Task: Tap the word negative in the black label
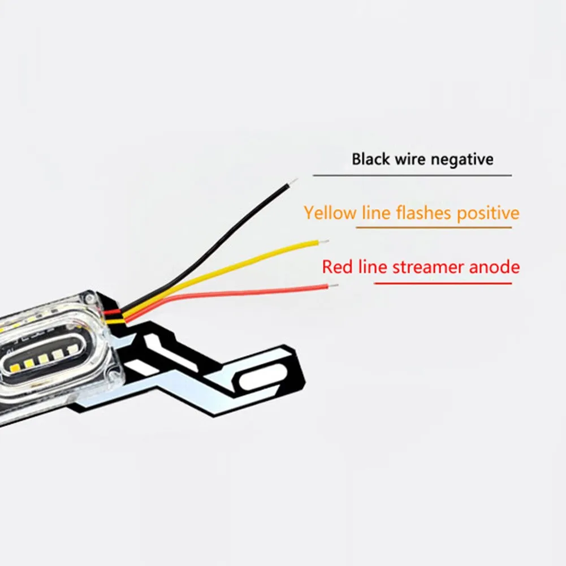462,159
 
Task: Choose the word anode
494,266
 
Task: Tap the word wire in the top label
411,159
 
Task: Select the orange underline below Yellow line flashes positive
433,227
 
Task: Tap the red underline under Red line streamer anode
443,282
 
